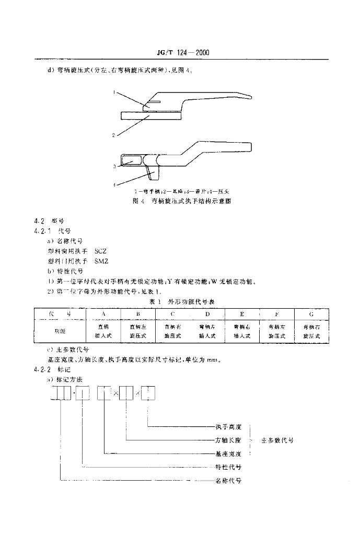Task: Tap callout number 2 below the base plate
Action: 113,135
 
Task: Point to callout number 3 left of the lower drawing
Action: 113,167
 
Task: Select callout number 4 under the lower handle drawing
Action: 113,184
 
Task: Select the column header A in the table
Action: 103,314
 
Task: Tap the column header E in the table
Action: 242,314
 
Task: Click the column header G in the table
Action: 312,314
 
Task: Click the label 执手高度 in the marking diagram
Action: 228,427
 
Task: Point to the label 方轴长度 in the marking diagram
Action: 228,440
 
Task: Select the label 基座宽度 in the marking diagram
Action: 228,453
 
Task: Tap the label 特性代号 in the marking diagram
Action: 228,467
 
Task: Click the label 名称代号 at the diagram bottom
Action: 228,480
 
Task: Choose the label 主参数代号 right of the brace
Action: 277,440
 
